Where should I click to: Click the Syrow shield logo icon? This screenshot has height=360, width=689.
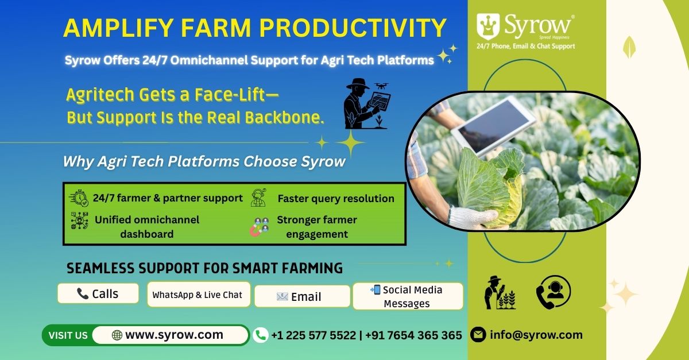click(x=488, y=26)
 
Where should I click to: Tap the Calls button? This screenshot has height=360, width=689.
click(x=98, y=293)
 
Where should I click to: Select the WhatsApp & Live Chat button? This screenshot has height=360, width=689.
click(x=199, y=295)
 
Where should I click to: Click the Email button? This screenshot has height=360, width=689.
click(x=303, y=296)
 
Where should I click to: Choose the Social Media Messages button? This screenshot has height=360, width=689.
click(x=408, y=296)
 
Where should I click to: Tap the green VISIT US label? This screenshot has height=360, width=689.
click(x=68, y=335)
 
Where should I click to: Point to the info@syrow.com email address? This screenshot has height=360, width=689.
click(x=536, y=335)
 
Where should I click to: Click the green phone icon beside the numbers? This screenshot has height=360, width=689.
click(x=261, y=335)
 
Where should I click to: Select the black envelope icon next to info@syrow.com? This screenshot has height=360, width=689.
click(x=478, y=335)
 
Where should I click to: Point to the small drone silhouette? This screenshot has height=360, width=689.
click(x=381, y=86)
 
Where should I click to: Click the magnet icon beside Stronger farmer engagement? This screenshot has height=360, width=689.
click(x=256, y=230)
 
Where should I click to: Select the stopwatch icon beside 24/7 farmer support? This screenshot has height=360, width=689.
click(x=79, y=198)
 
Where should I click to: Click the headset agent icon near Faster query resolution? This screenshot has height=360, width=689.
click(x=258, y=198)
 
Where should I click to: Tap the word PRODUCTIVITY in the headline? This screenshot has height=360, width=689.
click(x=353, y=28)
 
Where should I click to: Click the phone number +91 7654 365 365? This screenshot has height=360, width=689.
click(x=414, y=335)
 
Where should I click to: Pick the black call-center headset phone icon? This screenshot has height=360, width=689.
click(x=553, y=292)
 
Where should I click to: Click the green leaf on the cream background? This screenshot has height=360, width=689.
click(x=629, y=47)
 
